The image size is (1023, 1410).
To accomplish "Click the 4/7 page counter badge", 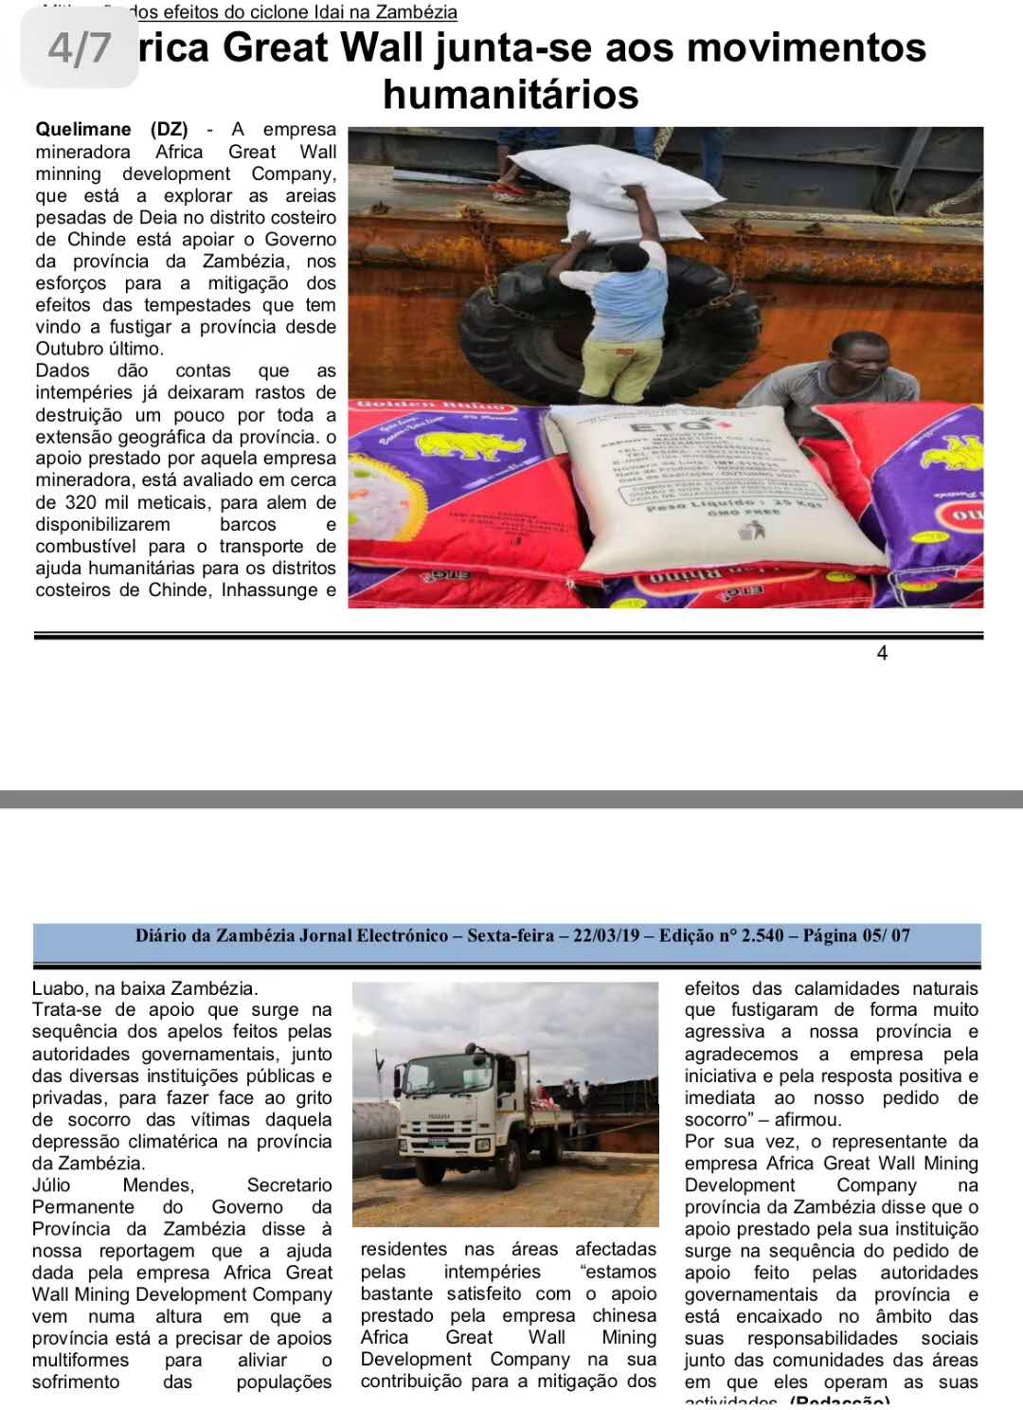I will coord(80,48).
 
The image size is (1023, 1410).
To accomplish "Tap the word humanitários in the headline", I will coord(511,95).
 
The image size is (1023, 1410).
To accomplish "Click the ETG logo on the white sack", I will coord(682,426).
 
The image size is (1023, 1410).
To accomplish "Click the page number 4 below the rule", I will coord(882,653).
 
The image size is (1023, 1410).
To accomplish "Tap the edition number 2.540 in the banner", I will coord(762,936).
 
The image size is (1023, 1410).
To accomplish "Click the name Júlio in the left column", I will coord(51,1185).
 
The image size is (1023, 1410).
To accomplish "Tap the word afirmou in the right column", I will coord(806,1120).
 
